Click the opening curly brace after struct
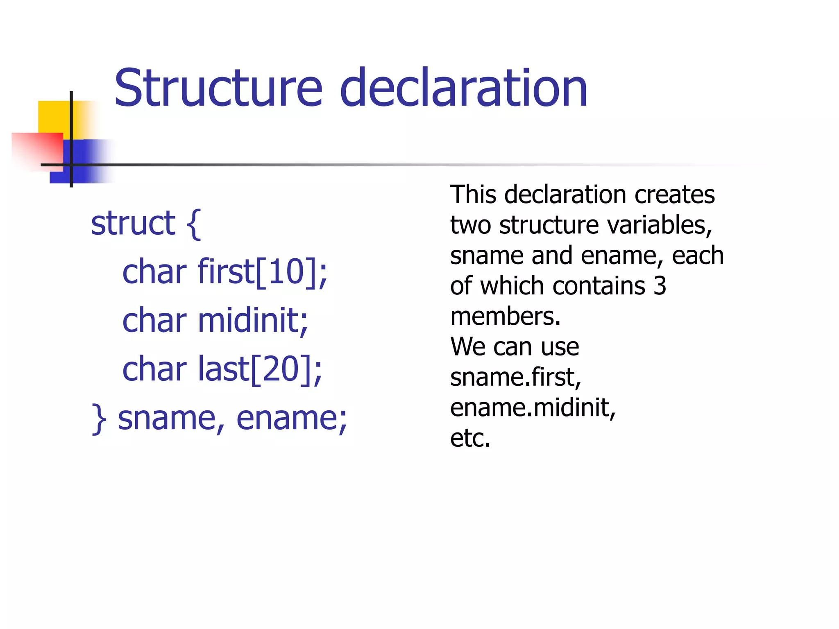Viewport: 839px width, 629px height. (194, 224)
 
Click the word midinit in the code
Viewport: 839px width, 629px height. (250, 320)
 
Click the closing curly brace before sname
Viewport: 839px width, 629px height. (99, 419)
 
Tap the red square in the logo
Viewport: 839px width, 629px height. (37, 149)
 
